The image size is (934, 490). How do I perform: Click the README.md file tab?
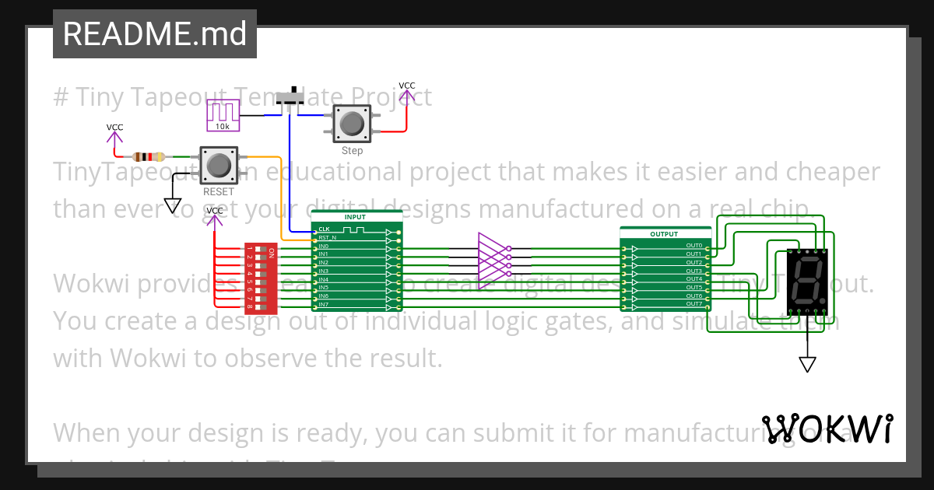click(154, 33)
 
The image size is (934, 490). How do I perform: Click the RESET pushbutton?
click(218, 165)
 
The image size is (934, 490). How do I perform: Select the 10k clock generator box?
click(223, 116)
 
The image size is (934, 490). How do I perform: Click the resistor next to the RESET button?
click(149, 156)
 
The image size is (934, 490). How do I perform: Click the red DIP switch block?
click(262, 278)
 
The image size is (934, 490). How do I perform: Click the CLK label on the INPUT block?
click(325, 229)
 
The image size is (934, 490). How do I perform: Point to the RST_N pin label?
click(328, 238)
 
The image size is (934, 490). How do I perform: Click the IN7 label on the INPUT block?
click(324, 304)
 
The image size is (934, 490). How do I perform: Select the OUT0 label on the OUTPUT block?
click(693, 246)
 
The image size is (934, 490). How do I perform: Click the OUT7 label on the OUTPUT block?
click(693, 304)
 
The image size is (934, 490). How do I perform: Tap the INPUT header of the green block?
click(355, 217)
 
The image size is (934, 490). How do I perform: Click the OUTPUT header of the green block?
click(665, 233)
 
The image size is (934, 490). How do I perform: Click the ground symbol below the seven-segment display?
click(808, 364)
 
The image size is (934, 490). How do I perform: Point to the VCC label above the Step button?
click(406, 86)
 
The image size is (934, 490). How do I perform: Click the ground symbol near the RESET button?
click(173, 206)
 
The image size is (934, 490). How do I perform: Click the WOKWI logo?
click(827, 429)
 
